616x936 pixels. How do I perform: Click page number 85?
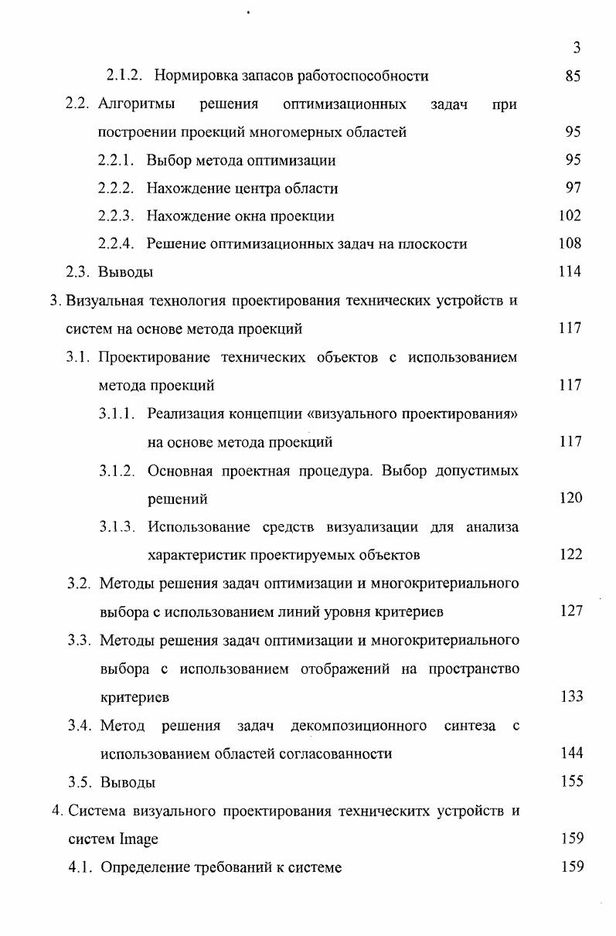[x=573, y=77]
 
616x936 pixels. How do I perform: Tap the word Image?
[x=139, y=839]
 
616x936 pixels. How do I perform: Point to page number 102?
[x=570, y=216]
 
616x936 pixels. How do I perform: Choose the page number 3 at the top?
[x=577, y=48]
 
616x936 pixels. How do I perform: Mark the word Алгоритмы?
[x=137, y=104]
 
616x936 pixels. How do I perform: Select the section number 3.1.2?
[x=117, y=471]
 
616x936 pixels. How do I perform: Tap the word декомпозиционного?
[x=359, y=726]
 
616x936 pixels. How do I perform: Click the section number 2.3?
[x=82, y=272]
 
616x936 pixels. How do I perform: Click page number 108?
[x=570, y=244]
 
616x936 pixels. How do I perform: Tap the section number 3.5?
[x=80, y=781]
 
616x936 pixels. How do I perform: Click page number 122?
[x=570, y=555]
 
